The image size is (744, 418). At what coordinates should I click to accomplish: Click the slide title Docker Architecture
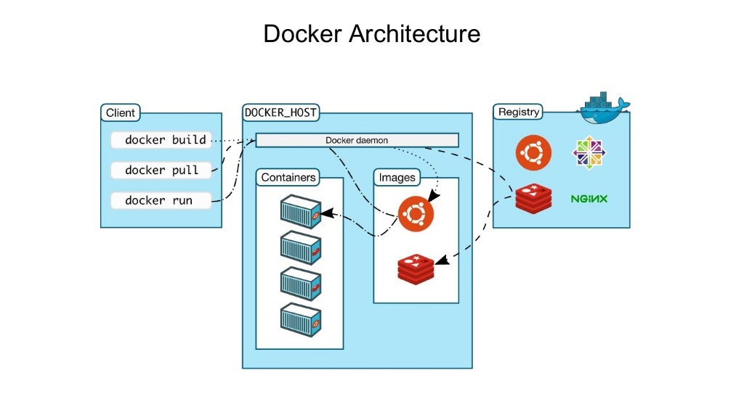[371, 34]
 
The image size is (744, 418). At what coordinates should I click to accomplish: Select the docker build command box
[161, 139]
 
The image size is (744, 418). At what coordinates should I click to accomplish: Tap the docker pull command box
[161, 170]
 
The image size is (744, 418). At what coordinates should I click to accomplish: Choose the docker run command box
[161, 200]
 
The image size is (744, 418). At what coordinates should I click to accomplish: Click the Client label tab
[121, 112]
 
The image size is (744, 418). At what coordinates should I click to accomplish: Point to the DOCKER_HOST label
[280, 112]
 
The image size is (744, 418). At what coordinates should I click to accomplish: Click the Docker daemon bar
[357, 140]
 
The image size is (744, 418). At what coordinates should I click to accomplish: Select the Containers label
[288, 177]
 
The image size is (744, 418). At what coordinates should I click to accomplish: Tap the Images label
[397, 177]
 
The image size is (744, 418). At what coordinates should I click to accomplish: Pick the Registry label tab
[518, 112]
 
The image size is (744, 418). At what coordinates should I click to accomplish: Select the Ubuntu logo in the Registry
[533, 152]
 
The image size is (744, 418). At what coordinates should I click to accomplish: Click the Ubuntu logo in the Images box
[416, 213]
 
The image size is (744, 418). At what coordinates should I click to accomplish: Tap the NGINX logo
[589, 199]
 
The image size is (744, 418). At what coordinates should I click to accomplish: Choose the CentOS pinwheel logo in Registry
[589, 152]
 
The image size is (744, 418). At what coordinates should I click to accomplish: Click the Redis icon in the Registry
[533, 199]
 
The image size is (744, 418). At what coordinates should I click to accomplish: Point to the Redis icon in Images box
[416, 269]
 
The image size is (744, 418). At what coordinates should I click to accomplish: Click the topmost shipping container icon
[301, 211]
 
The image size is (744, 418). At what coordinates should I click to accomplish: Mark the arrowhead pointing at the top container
[325, 213]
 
